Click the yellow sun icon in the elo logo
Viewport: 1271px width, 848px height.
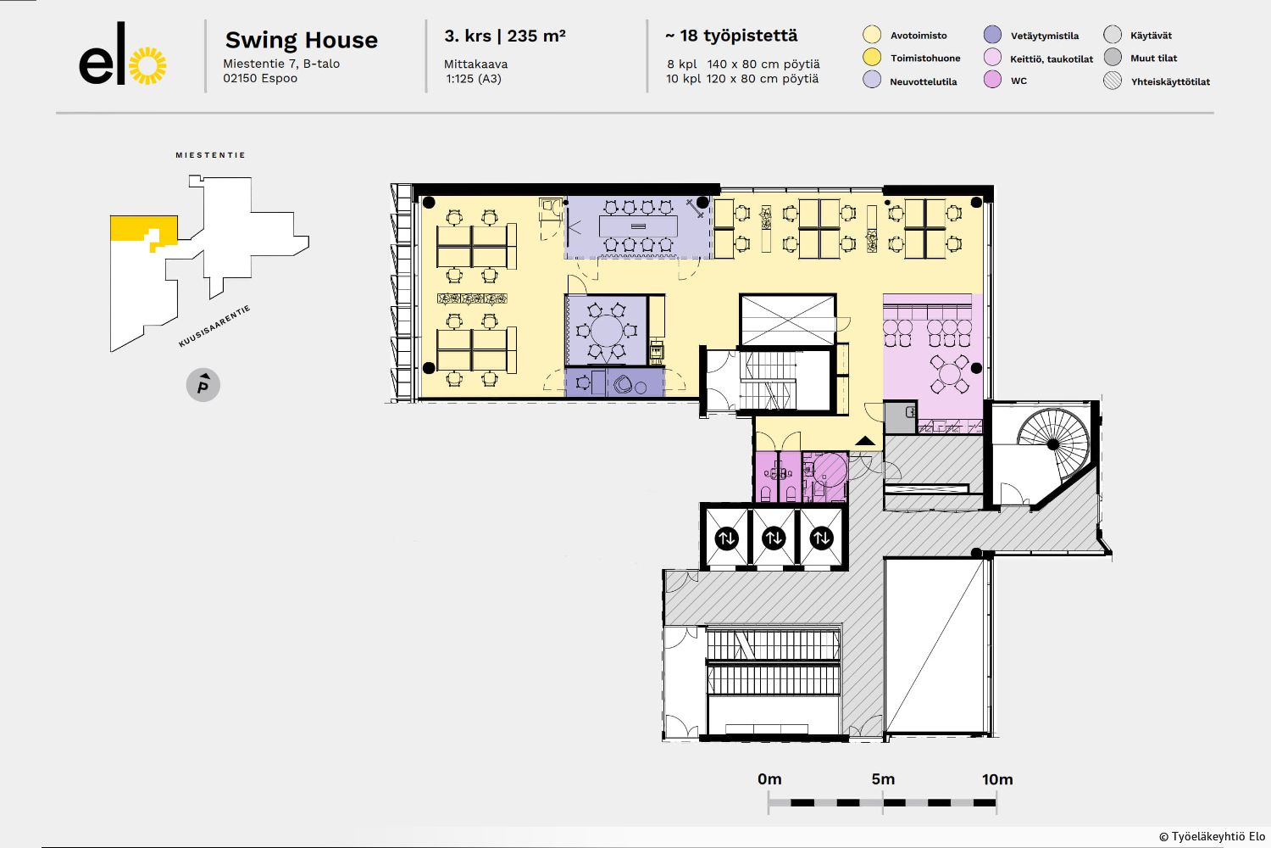click(x=148, y=65)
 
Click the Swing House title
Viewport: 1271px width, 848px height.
click(x=302, y=41)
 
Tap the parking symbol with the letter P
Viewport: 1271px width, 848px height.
click(x=203, y=385)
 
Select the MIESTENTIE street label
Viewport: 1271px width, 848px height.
click(x=210, y=155)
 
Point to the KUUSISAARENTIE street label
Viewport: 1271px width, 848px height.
click(x=214, y=326)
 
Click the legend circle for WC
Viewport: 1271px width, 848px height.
click(x=992, y=80)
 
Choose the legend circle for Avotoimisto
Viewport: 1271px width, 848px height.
click(x=872, y=35)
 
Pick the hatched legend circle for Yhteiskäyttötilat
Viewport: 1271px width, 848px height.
click(x=1112, y=81)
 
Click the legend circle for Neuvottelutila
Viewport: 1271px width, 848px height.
click(x=872, y=80)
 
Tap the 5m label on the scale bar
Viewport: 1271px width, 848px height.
click(x=883, y=779)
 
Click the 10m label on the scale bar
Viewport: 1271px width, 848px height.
click(x=997, y=779)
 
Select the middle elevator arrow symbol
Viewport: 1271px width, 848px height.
click(x=774, y=538)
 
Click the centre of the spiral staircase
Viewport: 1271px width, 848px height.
click(x=1052, y=444)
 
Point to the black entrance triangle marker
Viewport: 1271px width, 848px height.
click(x=865, y=441)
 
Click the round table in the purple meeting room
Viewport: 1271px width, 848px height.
click(x=607, y=331)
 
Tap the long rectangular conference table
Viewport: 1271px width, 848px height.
click(x=638, y=226)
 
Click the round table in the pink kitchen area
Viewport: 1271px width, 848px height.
click(x=949, y=374)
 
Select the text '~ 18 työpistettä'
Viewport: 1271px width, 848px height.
click(x=731, y=36)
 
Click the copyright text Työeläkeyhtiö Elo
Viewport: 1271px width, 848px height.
click(x=1212, y=837)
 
